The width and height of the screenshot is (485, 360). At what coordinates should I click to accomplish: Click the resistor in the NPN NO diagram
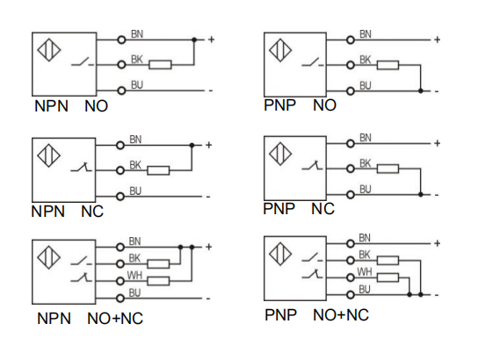(160, 65)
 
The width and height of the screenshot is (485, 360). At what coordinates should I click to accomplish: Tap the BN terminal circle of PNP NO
(351, 40)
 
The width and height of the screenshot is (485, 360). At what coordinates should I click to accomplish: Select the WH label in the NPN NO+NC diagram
(134, 275)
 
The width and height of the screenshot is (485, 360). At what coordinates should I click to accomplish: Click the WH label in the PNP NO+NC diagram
(365, 271)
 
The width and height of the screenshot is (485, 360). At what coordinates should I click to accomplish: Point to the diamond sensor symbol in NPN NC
(49, 155)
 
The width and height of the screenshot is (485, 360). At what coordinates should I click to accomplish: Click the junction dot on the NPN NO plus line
(194, 40)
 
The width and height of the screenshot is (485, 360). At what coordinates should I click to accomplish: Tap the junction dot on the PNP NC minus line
(421, 194)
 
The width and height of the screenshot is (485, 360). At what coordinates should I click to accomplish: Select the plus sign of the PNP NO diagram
(437, 40)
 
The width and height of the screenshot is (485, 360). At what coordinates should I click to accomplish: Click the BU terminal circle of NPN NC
(120, 196)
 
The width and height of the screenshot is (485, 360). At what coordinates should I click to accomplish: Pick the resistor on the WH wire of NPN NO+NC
(158, 281)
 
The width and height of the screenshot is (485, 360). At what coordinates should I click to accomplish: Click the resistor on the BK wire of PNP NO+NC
(387, 261)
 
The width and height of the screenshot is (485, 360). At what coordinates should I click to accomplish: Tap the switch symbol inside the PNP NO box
(313, 62)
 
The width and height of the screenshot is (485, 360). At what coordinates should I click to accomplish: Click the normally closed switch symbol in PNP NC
(313, 165)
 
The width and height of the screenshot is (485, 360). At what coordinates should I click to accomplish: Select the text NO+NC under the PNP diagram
(341, 315)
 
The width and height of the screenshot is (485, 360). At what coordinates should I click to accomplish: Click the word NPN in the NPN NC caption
(48, 212)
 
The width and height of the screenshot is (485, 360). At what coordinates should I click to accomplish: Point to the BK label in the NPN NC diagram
(135, 165)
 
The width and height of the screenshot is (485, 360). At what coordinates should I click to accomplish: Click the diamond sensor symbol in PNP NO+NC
(280, 254)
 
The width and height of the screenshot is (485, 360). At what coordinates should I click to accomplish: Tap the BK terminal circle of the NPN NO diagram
(121, 65)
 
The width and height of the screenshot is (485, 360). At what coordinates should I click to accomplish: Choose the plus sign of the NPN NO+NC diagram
(209, 247)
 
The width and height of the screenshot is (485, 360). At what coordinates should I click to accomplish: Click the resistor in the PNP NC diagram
(387, 169)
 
